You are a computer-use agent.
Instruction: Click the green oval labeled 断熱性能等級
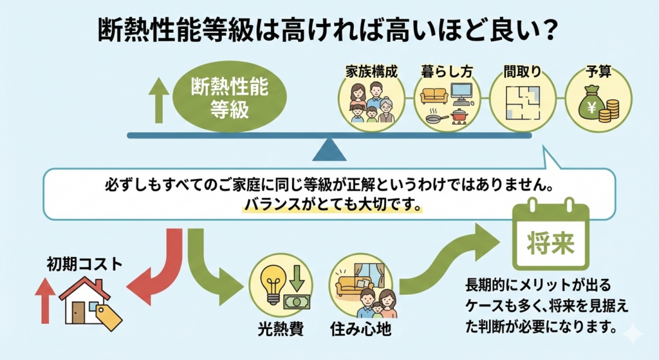click(x=230, y=97)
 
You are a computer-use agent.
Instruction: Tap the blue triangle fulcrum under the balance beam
click(x=329, y=150)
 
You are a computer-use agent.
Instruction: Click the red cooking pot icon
click(x=459, y=115)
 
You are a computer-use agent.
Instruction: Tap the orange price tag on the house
click(x=108, y=316)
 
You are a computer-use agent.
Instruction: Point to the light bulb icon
click(x=270, y=279)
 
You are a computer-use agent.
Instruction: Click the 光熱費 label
click(x=277, y=331)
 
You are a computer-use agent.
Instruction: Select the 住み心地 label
click(x=363, y=331)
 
